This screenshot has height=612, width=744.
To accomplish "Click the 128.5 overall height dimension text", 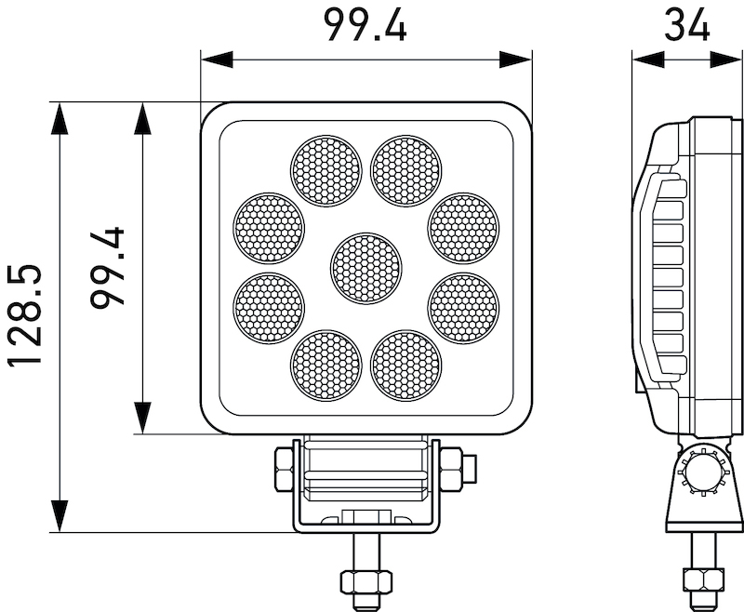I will click(x=25, y=316).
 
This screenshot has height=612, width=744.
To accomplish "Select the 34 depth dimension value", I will click(x=686, y=25).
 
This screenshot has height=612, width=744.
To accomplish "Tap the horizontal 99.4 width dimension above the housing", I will click(x=365, y=25).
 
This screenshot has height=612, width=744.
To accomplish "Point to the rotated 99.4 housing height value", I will click(x=109, y=268).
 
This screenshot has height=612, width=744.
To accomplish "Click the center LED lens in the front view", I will click(x=366, y=268).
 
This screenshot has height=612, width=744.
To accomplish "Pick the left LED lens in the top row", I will click(x=325, y=171).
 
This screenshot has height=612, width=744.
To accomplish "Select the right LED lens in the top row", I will click(x=405, y=171).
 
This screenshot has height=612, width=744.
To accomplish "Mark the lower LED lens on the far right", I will click(x=463, y=308).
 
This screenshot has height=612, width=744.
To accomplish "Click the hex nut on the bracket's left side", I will click(x=284, y=468).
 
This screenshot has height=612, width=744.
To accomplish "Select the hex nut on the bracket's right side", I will click(x=450, y=468).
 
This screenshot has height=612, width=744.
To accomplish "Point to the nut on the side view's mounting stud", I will click(x=702, y=581).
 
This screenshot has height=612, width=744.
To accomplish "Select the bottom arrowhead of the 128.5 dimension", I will click(x=60, y=517).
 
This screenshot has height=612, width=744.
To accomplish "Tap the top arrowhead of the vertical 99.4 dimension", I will click(x=142, y=118).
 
